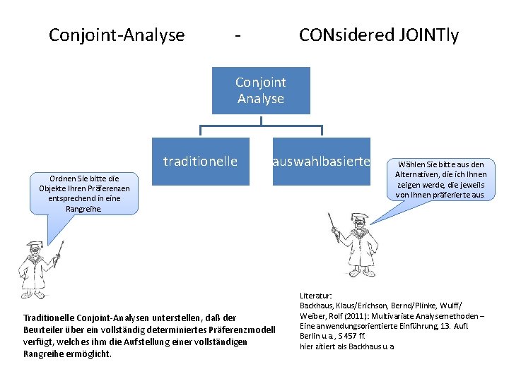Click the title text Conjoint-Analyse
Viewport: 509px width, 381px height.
pos(117,35)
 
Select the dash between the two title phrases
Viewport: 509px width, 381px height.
pos(240,35)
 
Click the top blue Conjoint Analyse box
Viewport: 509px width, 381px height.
pos(261,90)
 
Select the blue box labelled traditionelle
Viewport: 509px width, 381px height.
pos(200,162)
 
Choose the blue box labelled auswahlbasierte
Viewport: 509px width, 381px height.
pos(322,162)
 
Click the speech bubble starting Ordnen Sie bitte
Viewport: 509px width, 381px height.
pos(84,193)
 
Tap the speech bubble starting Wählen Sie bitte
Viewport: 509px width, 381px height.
pos(440,179)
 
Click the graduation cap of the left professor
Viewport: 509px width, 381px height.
pos(33,246)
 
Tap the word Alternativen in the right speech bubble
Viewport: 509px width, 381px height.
pos(424,174)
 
